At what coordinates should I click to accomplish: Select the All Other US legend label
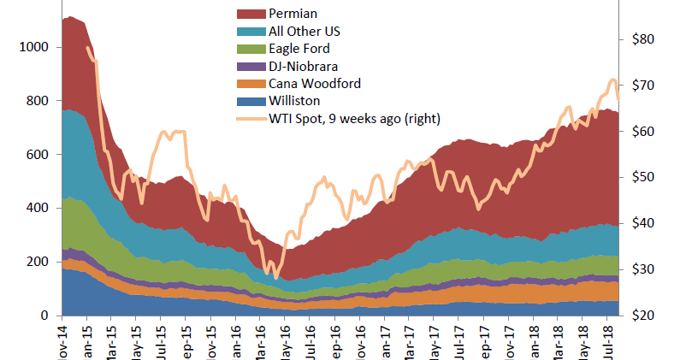point(305,32)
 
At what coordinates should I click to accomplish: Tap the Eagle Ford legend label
point(299,49)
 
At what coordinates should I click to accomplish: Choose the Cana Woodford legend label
point(314,83)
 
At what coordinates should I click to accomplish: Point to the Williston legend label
point(294,100)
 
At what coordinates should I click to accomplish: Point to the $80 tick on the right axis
point(642,39)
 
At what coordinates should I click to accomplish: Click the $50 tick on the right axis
point(642,177)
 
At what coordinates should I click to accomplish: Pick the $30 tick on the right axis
point(642,269)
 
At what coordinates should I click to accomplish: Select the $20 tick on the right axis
point(642,316)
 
